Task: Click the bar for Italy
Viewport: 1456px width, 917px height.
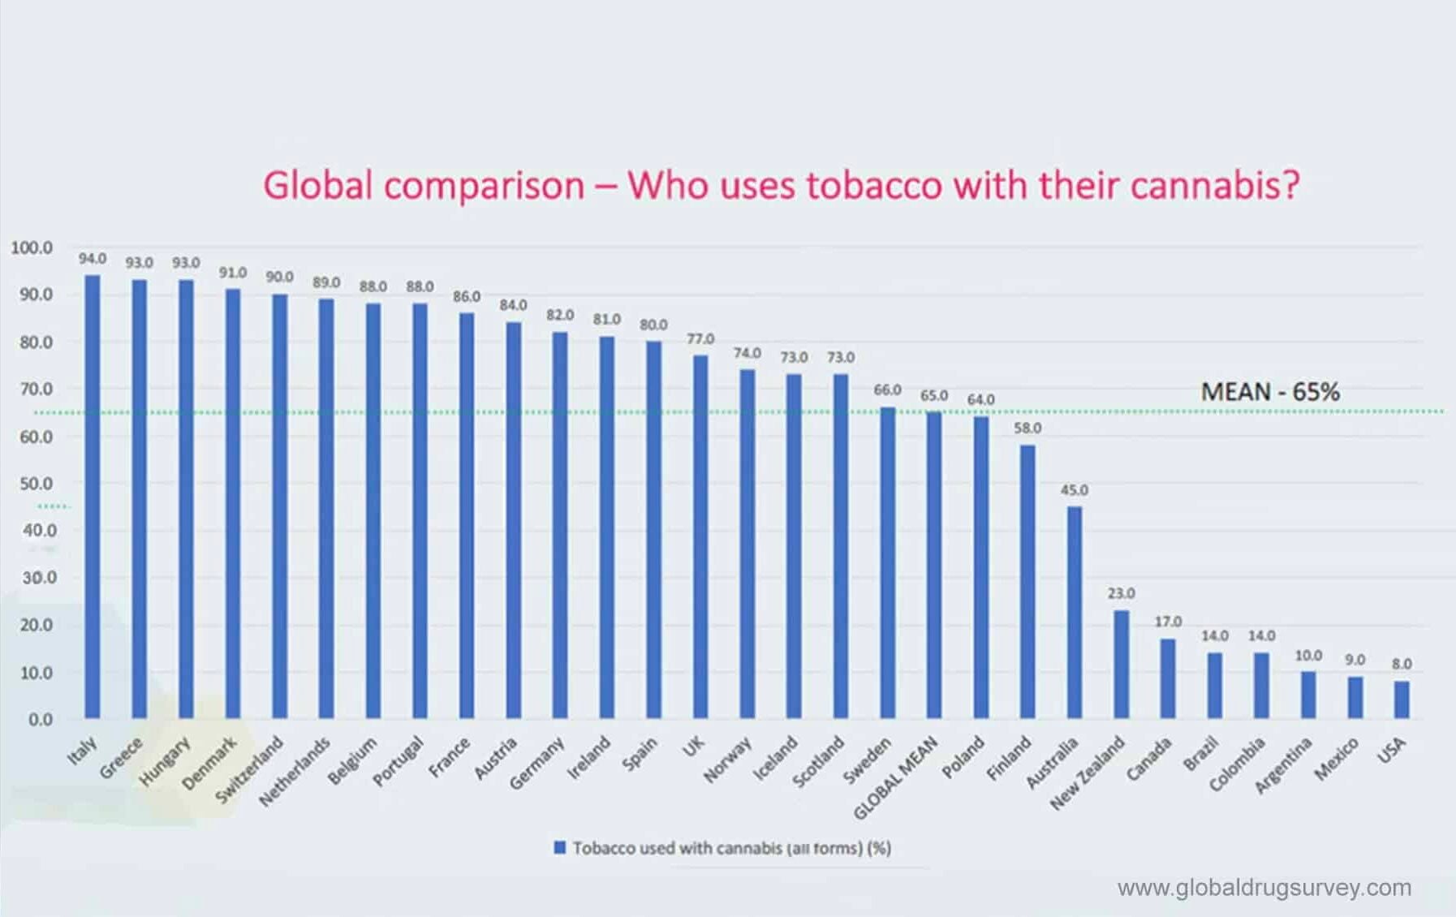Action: coord(93,497)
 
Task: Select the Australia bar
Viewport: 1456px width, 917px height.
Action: coord(1074,613)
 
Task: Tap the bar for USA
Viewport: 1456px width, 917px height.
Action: coord(1402,700)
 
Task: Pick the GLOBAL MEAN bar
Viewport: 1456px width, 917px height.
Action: coord(934,566)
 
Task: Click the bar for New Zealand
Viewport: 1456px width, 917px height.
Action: coord(1121,664)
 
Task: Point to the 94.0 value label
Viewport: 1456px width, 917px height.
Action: coord(93,258)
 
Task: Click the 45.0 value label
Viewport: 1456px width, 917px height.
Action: coord(1074,490)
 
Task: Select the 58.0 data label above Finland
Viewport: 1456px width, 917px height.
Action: coord(1027,428)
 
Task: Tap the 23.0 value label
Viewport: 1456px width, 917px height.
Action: coord(1121,593)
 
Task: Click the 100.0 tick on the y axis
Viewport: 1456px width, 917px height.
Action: coord(32,248)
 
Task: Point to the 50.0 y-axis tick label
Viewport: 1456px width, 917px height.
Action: coord(36,484)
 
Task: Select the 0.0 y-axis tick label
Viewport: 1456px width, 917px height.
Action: coord(41,719)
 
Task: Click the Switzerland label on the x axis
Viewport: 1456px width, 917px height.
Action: coord(249,769)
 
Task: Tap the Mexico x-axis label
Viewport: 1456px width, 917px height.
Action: coord(1336,760)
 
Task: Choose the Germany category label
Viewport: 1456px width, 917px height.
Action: coord(536,763)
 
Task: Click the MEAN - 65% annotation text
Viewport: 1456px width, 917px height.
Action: coord(1269,392)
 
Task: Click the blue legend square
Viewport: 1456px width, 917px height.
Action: coord(559,847)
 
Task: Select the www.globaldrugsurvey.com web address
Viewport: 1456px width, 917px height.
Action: coord(1264,887)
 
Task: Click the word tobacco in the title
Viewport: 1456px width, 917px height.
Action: coord(875,185)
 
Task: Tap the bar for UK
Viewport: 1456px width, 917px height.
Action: coord(700,536)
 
